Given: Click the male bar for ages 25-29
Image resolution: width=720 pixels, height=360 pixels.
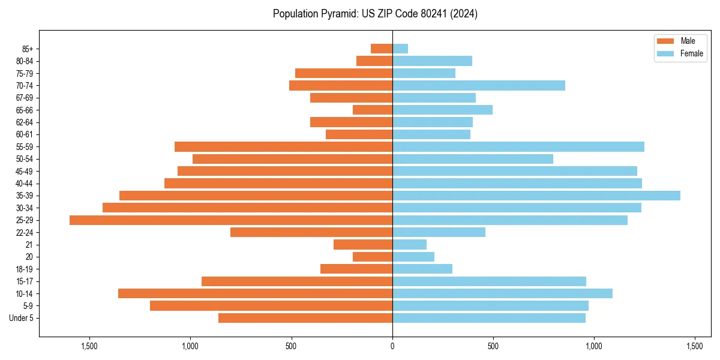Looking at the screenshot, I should pos(231,220).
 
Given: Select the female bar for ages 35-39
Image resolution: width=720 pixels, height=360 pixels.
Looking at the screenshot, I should pos(536,196).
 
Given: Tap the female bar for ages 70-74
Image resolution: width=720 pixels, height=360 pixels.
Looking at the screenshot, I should pos(479,86).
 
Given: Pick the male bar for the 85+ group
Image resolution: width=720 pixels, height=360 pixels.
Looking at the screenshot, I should pos(382,49).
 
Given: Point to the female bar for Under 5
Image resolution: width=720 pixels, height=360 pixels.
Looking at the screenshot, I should pos(489,318).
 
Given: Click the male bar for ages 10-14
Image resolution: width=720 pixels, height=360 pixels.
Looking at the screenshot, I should pos(255,293).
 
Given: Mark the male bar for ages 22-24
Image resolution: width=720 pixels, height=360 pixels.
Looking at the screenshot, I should pos(311,232).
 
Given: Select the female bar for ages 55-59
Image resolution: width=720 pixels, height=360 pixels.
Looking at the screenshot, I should pos(518,147).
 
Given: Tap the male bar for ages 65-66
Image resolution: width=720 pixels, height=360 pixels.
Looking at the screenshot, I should pos(373,110).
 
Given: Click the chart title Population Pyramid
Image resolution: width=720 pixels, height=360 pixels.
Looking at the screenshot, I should pos(375,14).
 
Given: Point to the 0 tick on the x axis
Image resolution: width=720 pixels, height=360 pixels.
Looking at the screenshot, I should pos(392,346).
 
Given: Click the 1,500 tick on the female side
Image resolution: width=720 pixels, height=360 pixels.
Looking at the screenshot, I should pos(695,346).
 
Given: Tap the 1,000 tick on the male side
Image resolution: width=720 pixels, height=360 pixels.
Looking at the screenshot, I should pos(190,346).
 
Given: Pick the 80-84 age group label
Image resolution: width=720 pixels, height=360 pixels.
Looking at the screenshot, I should pos(25,61).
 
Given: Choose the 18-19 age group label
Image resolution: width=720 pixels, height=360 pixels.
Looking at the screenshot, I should pos(25,269).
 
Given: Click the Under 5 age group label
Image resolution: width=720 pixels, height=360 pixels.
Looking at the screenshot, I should pos(22,318).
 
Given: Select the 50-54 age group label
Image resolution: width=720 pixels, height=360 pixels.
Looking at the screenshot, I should pos(25,159).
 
